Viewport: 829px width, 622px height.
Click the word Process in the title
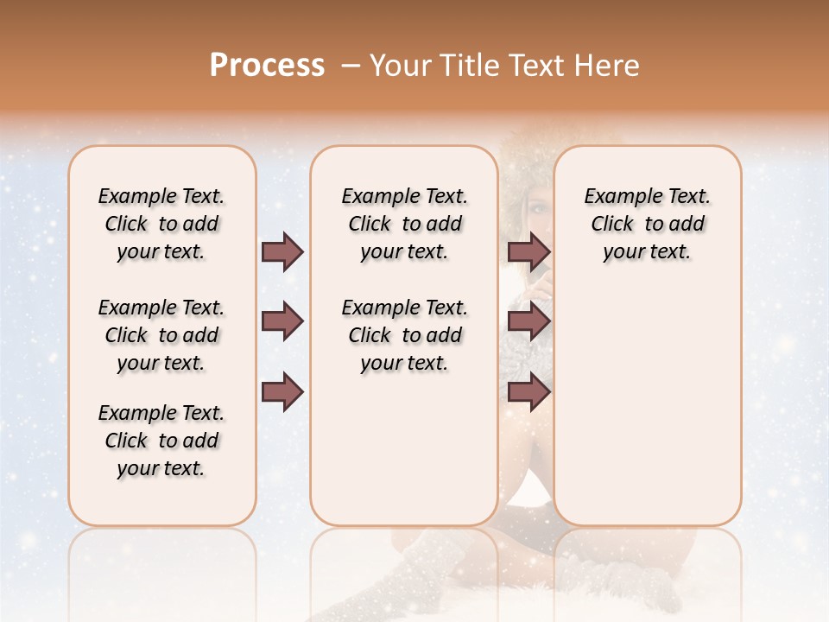pyautogui.click(x=267, y=66)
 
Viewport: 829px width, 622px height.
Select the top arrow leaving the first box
pyautogui.click(x=282, y=251)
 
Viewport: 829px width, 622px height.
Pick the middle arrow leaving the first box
pyautogui.click(x=282, y=322)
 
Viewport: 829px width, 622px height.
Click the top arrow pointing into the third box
pyautogui.click(x=528, y=251)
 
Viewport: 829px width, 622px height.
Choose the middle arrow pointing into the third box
pyautogui.click(x=528, y=322)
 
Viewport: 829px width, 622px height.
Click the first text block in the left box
pyautogui.click(x=161, y=224)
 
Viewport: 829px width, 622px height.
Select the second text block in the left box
pyautogui.click(x=161, y=335)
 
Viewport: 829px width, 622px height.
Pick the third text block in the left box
pyautogui.click(x=161, y=441)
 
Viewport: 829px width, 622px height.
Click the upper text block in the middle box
pyautogui.click(x=404, y=224)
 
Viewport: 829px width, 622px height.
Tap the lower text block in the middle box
pyautogui.click(x=404, y=335)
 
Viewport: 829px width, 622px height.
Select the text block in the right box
pyautogui.click(x=647, y=224)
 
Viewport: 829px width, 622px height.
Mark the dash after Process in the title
pyautogui.click(x=349, y=66)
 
